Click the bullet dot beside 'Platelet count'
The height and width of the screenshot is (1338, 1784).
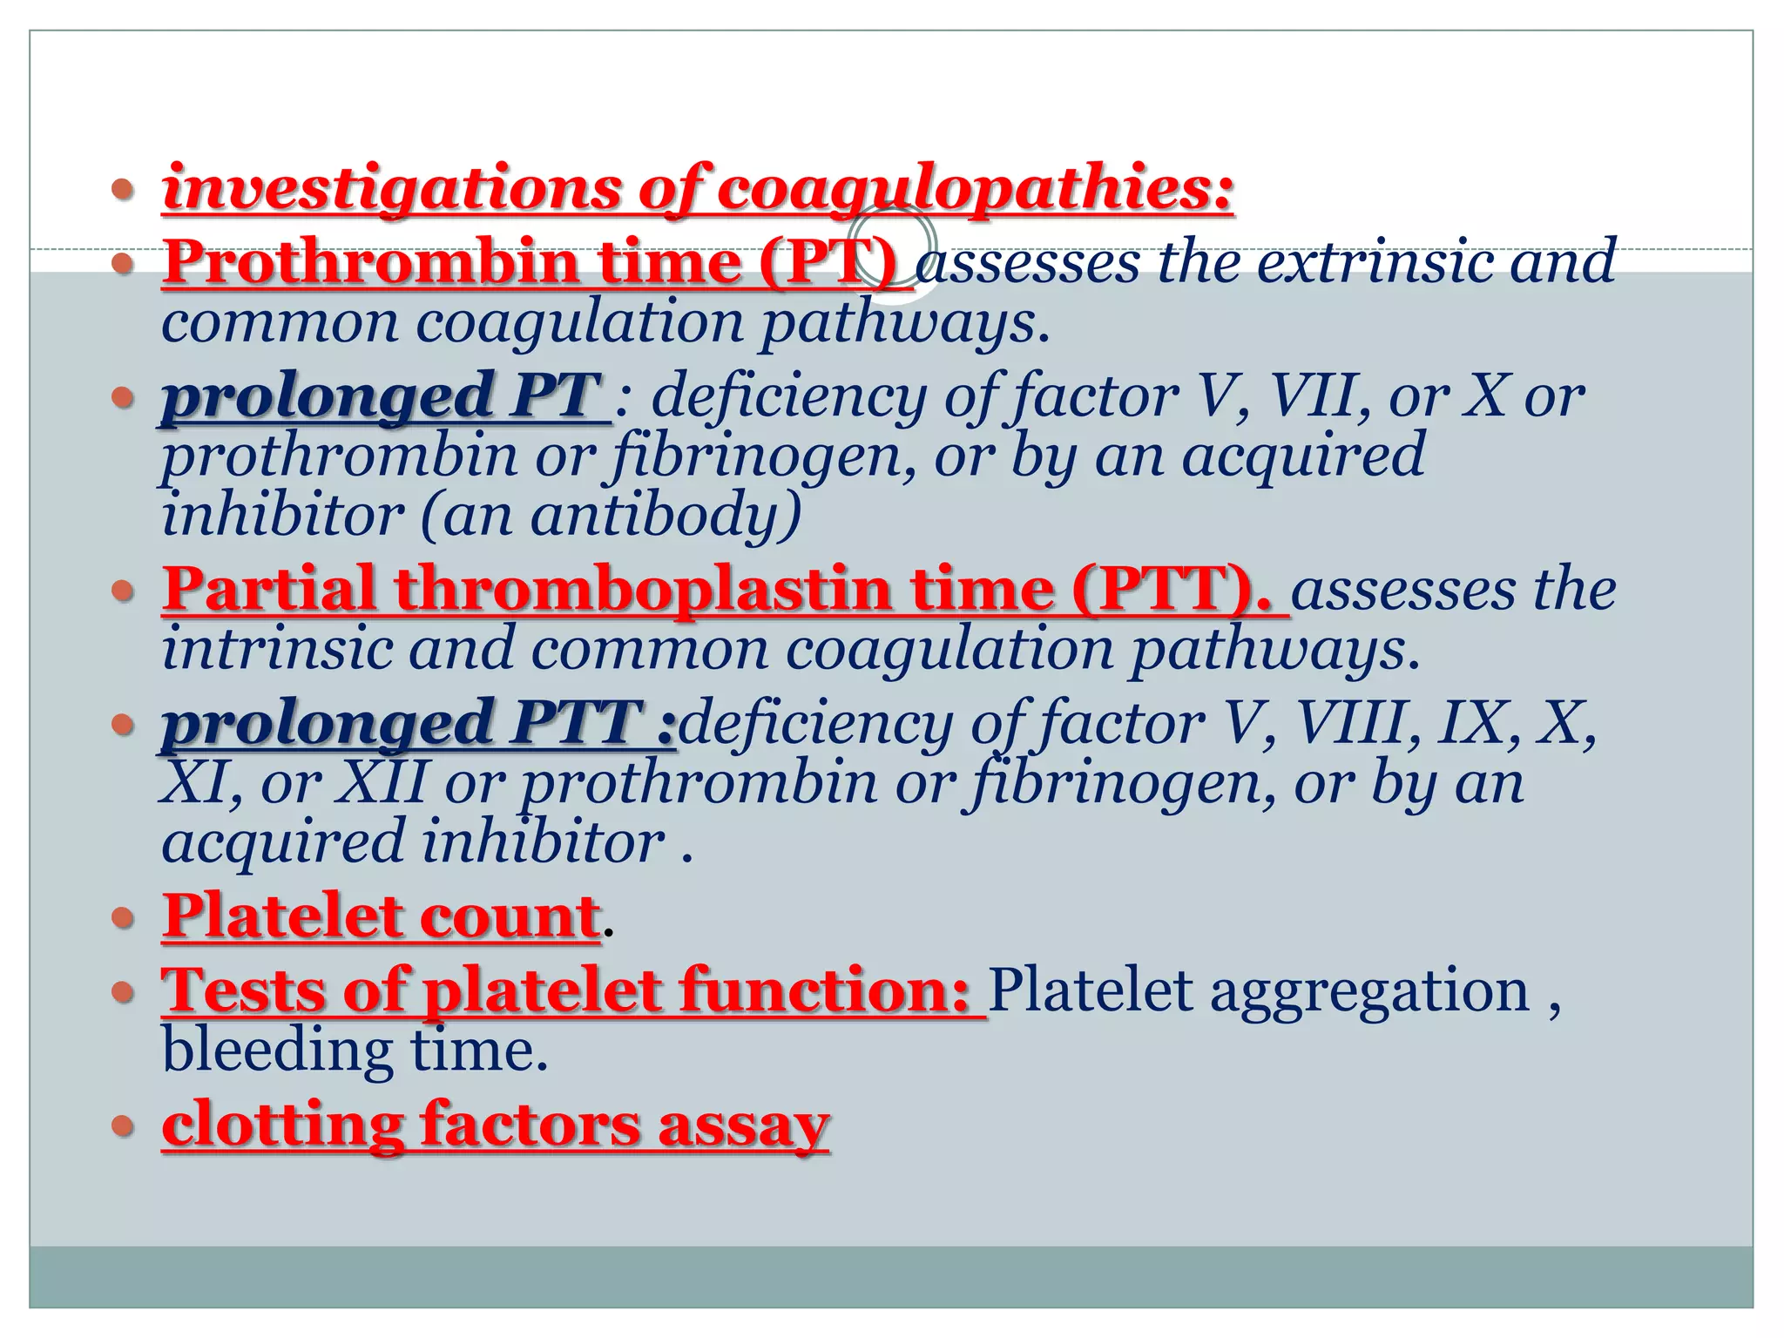click(x=124, y=917)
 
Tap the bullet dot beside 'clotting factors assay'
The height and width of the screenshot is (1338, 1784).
click(x=124, y=1125)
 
